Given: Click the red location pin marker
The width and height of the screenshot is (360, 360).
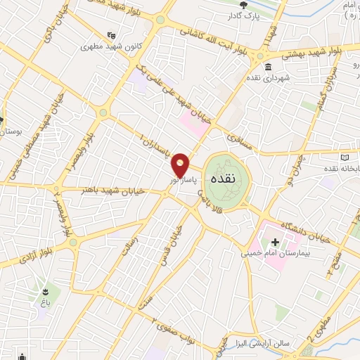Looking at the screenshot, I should [x=181, y=166].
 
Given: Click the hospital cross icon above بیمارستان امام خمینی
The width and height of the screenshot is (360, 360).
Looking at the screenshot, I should [x=275, y=243].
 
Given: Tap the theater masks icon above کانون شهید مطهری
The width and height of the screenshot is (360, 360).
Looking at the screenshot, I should [x=110, y=35].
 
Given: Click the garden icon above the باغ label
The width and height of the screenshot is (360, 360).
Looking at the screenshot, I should [x=46, y=290].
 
